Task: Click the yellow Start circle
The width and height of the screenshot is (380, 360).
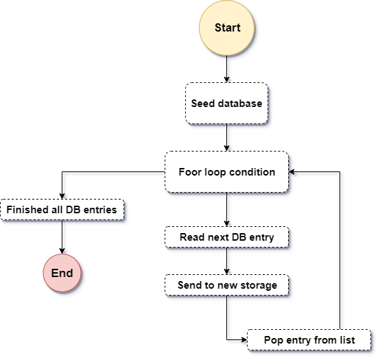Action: tap(227, 28)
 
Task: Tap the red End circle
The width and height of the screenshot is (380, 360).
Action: tap(62, 273)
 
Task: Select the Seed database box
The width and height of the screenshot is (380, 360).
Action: tap(227, 104)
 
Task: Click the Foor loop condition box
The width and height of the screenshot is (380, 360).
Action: tap(227, 172)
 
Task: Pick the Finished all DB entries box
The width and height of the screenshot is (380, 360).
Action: tap(62, 210)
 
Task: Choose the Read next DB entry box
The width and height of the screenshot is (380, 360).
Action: tap(227, 237)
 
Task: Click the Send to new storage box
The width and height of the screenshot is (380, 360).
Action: tap(227, 285)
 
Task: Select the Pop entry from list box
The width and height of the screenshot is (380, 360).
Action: tap(309, 340)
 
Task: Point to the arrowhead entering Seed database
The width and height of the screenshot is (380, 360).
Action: tap(227, 80)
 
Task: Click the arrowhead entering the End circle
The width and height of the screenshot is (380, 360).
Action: tap(62, 251)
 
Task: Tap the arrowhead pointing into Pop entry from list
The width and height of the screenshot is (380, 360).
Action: tap(244, 339)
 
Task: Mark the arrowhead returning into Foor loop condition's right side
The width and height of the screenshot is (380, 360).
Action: tap(292, 171)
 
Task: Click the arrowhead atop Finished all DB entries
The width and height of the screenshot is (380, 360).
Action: tap(62, 196)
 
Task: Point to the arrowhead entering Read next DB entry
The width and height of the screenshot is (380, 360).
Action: tap(227, 224)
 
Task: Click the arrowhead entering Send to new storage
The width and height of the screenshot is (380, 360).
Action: tap(227, 272)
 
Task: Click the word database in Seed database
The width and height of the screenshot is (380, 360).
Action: tap(240, 104)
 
